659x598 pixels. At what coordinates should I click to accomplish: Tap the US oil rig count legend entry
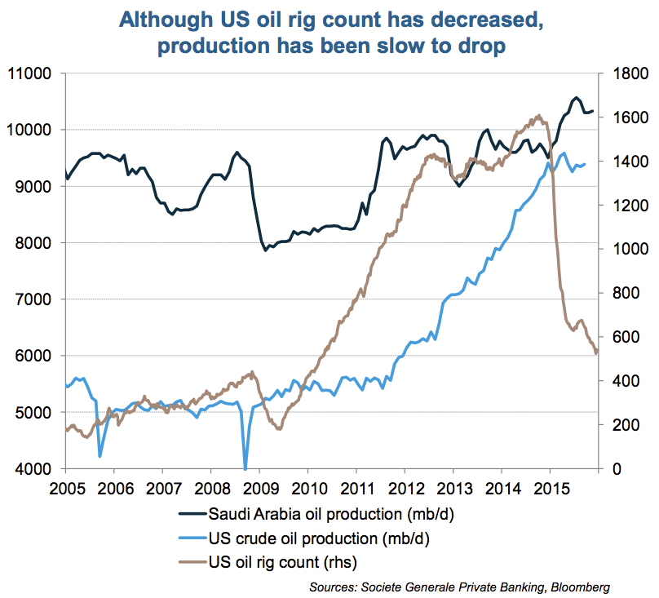(x=283, y=562)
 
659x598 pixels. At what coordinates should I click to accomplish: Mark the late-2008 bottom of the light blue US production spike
(x=245, y=467)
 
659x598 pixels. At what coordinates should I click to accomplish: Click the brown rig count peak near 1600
(x=539, y=116)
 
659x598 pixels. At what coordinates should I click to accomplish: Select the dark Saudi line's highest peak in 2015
(x=574, y=97)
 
